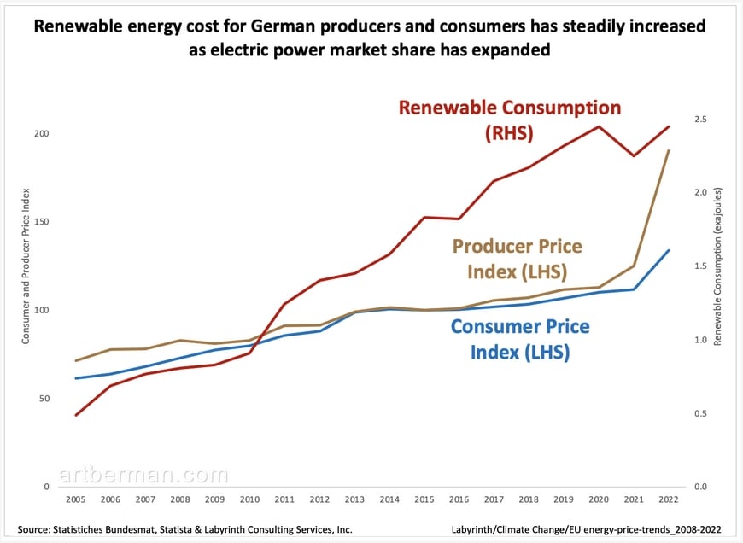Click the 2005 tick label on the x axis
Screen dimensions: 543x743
click(76, 499)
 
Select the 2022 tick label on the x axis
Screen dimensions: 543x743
click(668, 499)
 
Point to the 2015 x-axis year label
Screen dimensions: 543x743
click(424, 499)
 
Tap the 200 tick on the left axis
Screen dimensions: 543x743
click(41, 134)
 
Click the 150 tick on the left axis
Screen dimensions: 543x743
click(41, 222)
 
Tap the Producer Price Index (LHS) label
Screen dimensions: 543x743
click(517, 259)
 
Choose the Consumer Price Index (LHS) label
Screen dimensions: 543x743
click(519, 338)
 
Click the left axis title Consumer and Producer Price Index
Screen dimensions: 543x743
click(26, 266)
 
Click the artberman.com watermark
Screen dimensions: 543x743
click(143, 475)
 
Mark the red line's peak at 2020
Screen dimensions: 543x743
click(598, 126)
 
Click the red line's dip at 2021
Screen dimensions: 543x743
click(633, 155)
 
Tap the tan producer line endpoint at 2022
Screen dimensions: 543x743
click(668, 150)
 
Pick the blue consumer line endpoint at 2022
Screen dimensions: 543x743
click(668, 250)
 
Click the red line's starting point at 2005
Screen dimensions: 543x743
click(76, 415)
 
